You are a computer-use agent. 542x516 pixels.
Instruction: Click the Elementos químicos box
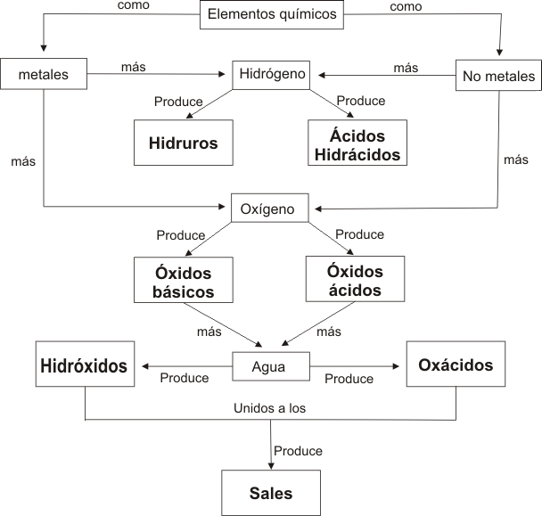click(x=272, y=14)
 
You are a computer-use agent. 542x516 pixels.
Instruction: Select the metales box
click(x=44, y=74)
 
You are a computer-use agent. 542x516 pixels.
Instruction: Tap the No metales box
click(x=498, y=76)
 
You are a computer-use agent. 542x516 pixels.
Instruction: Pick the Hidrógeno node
click(x=271, y=75)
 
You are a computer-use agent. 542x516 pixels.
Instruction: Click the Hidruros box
click(x=184, y=143)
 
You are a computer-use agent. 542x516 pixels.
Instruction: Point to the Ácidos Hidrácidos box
click(x=357, y=143)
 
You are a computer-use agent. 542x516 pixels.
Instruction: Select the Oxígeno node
click(x=269, y=208)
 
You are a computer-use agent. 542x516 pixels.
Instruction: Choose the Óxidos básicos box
click(x=184, y=280)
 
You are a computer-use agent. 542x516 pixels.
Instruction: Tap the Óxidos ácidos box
click(x=355, y=279)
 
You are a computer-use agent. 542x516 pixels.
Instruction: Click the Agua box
click(x=271, y=366)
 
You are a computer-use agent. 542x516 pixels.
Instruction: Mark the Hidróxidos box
click(x=85, y=364)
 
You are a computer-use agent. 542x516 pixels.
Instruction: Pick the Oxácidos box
click(x=456, y=364)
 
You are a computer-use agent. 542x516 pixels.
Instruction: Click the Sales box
click(x=271, y=493)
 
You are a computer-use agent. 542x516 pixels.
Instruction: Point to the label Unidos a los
click(x=269, y=408)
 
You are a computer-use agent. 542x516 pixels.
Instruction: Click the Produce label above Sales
click(x=298, y=451)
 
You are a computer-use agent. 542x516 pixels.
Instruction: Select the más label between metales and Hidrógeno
click(x=134, y=67)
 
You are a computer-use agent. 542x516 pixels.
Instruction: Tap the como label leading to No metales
click(x=406, y=6)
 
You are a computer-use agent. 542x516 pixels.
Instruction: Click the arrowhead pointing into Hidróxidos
click(x=145, y=366)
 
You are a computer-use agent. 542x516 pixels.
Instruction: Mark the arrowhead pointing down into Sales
click(x=271, y=466)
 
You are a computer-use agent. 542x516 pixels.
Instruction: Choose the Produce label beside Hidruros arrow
click(x=178, y=102)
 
